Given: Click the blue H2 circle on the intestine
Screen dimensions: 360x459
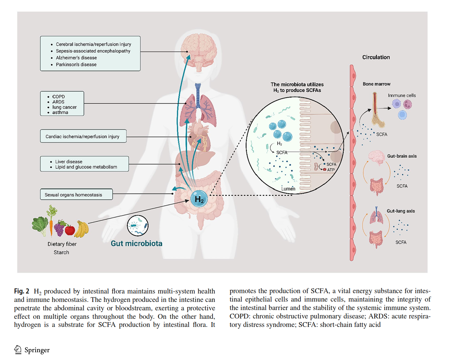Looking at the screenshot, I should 199,199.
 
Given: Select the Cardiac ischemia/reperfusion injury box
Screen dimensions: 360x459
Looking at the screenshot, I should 83,136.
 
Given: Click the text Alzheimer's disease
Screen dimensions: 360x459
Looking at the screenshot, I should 76,58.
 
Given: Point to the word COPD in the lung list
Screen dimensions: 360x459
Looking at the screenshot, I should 58,97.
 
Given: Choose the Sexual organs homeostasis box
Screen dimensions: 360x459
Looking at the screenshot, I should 76,195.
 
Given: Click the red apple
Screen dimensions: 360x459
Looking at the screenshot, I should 70,230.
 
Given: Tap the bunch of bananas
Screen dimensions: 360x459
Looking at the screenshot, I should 81,229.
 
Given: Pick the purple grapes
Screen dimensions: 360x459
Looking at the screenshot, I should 59,229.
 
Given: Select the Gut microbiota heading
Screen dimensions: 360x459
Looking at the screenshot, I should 137,243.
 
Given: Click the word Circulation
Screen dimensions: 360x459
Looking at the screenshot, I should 376,57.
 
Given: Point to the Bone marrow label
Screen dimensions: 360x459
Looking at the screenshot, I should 377,84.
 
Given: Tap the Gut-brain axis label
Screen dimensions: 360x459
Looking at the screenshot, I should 402,156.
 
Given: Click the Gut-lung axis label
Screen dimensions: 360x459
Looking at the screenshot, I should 401,211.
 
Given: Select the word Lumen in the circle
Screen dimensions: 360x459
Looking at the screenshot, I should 288,189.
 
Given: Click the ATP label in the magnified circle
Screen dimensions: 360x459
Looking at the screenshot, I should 331,170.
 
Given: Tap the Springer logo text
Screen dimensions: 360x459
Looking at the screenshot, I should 37,350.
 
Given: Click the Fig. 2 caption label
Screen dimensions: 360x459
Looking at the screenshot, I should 22,291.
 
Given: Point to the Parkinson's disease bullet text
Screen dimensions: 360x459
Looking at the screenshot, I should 76,65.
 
